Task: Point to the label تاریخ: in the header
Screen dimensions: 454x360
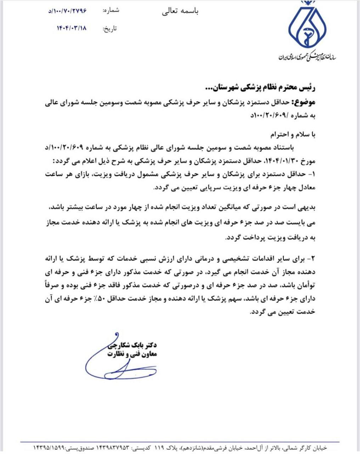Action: [109, 28]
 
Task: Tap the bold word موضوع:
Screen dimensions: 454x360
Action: [303, 103]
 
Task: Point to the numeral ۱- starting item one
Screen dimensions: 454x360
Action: [311, 175]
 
